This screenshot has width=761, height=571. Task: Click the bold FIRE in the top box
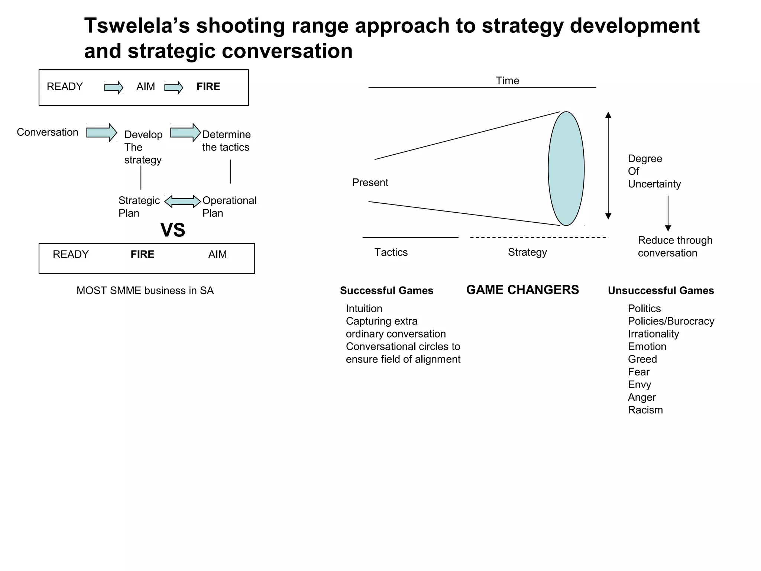click(208, 87)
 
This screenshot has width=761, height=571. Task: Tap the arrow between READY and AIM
click(114, 88)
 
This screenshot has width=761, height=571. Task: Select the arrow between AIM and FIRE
click(174, 88)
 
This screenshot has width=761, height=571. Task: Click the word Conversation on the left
click(48, 132)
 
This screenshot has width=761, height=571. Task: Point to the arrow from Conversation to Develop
click(101, 132)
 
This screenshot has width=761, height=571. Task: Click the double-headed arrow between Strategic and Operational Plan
click(182, 201)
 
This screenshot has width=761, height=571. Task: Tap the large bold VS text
click(173, 230)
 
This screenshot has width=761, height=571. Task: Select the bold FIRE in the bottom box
click(142, 254)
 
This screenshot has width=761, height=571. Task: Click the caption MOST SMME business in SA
click(145, 291)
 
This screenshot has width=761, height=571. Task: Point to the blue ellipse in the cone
click(566, 168)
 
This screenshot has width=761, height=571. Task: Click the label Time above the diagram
click(507, 81)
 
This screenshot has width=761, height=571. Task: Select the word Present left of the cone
click(370, 183)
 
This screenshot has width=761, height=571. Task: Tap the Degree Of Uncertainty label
click(654, 171)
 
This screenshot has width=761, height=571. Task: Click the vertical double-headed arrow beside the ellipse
click(608, 165)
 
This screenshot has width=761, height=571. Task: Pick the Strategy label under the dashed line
click(527, 252)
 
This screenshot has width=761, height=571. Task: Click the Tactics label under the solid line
click(391, 252)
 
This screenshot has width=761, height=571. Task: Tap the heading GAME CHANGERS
click(522, 290)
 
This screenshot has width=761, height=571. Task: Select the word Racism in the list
click(645, 410)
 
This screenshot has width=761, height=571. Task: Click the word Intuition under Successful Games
click(364, 309)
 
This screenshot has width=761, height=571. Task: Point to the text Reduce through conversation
click(675, 246)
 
